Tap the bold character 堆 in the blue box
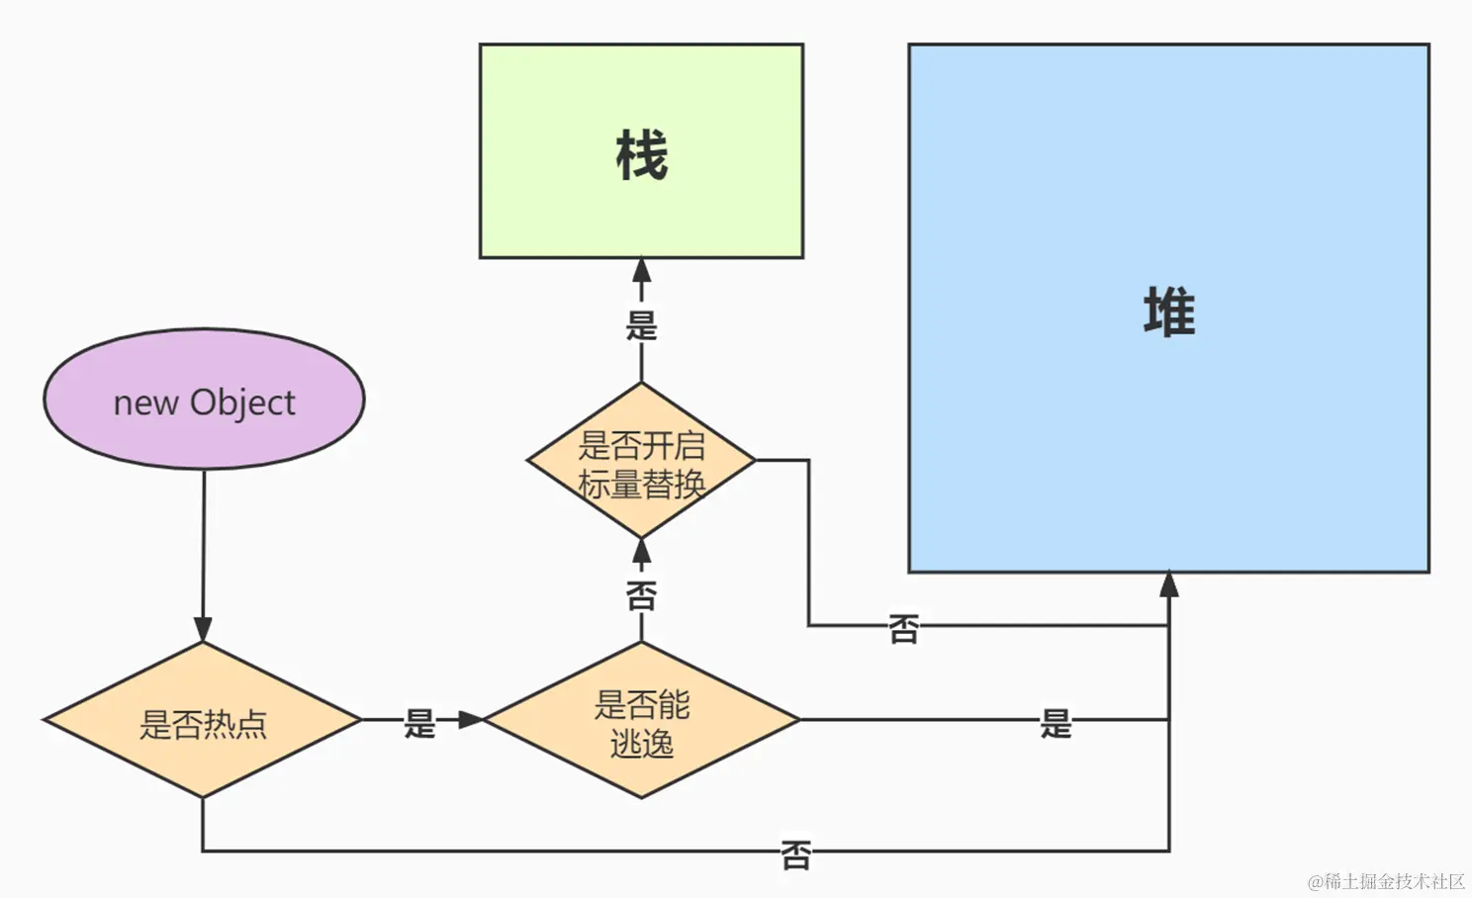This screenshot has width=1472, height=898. pyautogui.click(x=1169, y=313)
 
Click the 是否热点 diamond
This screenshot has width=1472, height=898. pyautogui.click(x=203, y=721)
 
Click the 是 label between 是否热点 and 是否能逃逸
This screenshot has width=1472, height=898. pyautogui.click(x=419, y=723)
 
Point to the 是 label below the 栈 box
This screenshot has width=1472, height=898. pyautogui.click(x=641, y=324)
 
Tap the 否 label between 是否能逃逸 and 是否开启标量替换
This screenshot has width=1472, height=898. pyautogui.click(x=641, y=595)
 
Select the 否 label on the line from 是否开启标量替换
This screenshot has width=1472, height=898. pyautogui.click(x=903, y=628)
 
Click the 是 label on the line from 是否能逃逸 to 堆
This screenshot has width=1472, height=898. pyautogui.click(x=1056, y=723)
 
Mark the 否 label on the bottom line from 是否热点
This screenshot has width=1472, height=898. pyautogui.click(x=795, y=853)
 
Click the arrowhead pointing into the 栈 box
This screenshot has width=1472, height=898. pyautogui.click(x=641, y=270)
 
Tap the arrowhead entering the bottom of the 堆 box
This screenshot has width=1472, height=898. pyautogui.click(x=1169, y=584)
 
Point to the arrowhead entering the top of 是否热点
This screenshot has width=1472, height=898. pyautogui.click(x=203, y=630)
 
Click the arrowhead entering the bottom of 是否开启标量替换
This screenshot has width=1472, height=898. pyautogui.click(x=641, y=552)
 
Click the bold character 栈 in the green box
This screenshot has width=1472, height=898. pyautogui.click(x=641, y=155)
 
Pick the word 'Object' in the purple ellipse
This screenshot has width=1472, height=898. pyautogui.click(x=242, y=403)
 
